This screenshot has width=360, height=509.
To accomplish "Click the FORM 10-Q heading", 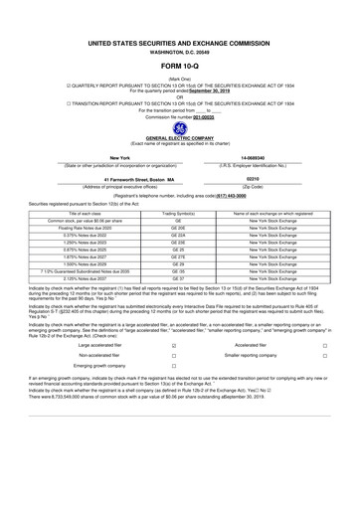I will click(x=179, y=67).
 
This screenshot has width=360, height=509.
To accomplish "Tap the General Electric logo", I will click(x=179, y=128).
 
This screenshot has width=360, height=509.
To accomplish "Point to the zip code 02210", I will click(x=252, y=179).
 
